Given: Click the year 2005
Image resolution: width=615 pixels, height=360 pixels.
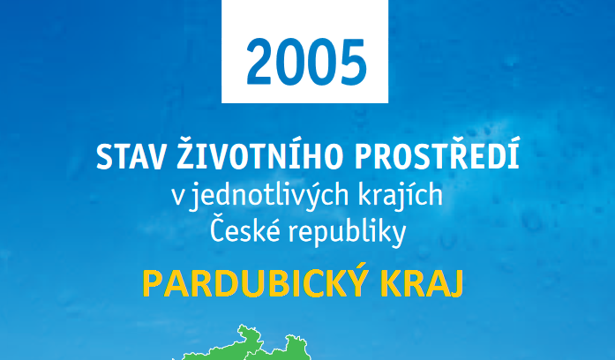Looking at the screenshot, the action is coord(306,63).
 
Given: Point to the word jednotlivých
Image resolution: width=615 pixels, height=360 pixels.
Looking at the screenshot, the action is coord(269,196).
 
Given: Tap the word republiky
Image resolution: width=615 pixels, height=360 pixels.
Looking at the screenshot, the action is coord(347,233).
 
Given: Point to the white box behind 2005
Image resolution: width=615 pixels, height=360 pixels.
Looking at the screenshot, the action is coord(304,51).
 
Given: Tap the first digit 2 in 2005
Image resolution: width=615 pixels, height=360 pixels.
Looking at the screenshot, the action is coord(259,62).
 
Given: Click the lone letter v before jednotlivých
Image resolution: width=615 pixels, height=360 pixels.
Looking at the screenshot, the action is coord(177,198).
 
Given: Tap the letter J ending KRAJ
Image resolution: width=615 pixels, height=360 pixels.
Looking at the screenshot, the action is coord(456,285).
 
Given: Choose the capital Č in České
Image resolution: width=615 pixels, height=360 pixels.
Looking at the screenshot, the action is coord(217,230).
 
